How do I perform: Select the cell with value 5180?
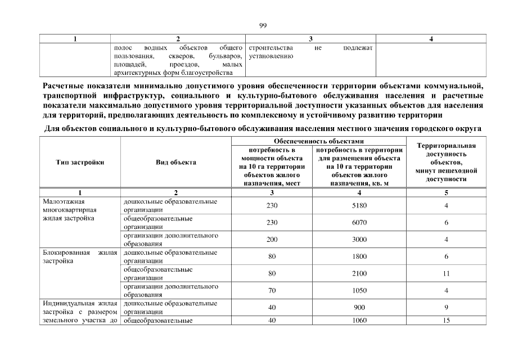pos(359,206)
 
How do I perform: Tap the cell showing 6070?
pos(359,223)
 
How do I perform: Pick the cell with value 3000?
pos(359,240)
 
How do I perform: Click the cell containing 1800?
pos(359,256)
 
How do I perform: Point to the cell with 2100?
pos(359,273)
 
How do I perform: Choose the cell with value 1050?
pos(359,290)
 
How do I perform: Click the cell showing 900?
pos(359,308)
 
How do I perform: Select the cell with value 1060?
pos(359,321)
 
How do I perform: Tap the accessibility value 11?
pos(446,273)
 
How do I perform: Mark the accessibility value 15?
pos(446,321)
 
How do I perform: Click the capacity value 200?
pos(272,240)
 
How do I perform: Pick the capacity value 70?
pos(272,290)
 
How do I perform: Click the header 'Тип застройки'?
pos(80,163)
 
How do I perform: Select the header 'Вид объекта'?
pos(176,163)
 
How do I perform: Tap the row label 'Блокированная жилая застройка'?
pos(80,256)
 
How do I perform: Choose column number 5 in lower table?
pos(446,192)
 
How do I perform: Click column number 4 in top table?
pos(430,39)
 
